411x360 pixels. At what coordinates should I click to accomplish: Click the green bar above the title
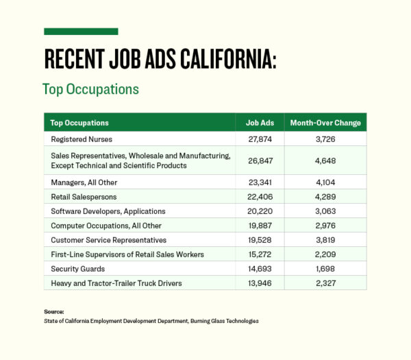click(x=81, y=32)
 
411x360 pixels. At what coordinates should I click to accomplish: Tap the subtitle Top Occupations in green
click(x=90, y=90)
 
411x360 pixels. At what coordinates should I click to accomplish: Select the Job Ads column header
click(x=260, y=123)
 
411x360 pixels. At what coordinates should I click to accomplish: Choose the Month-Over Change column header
click(x=325, y=123)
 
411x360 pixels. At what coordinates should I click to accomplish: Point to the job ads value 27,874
click(x=260, y=139)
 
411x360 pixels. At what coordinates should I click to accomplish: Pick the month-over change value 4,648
click(x=325, y=160)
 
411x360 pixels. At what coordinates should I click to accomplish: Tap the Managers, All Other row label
click(x=84, y=182)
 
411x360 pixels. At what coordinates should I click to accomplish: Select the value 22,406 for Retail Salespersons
click(x=260, y=197)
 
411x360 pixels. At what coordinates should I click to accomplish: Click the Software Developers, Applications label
click(x=108, y=211)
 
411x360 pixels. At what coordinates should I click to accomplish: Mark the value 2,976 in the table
click(x=325, y=226)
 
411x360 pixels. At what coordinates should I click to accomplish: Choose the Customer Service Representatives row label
click(x=109, y=240)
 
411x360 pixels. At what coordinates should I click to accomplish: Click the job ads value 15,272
click(x=260, y=254)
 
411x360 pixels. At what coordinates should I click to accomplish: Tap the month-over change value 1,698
click(x=325, y=269)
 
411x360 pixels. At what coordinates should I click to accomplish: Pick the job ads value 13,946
click(x=260, y=283)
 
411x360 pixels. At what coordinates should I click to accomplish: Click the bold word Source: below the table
click(x=54, y=312)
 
